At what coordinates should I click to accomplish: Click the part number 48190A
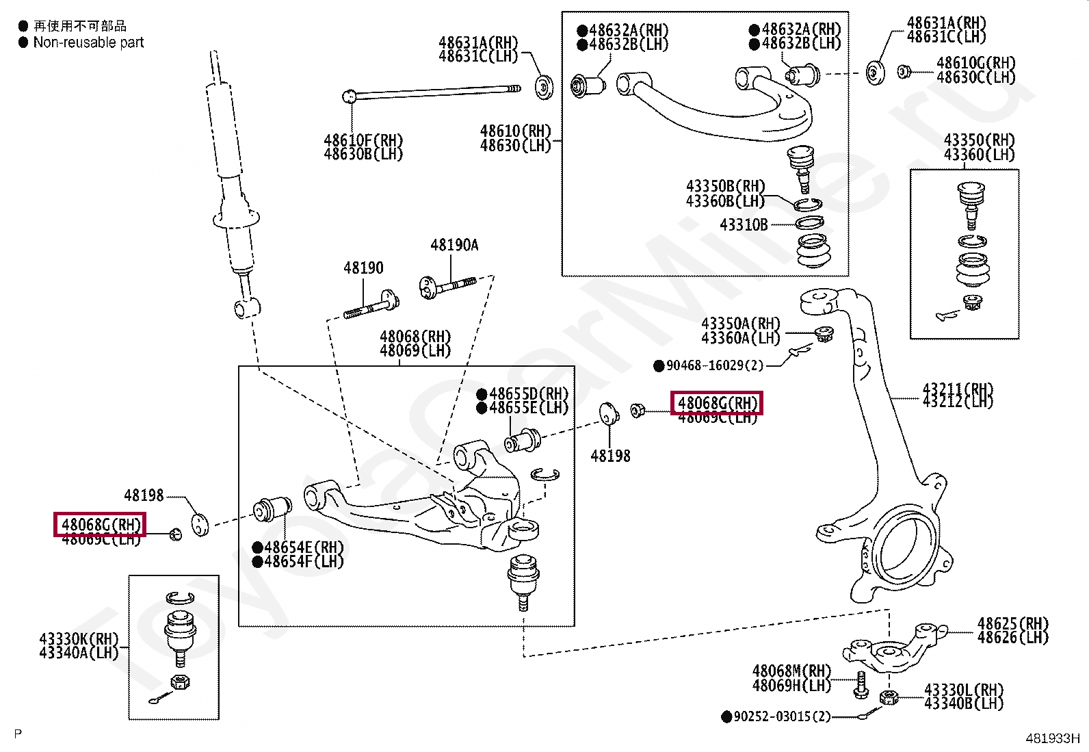coord(454,245)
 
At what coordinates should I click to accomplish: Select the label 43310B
coord(744,224)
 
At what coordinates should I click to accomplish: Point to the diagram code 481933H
coord(1051,738)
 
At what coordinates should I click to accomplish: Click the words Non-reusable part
coord(88,42)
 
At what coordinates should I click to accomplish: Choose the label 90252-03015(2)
coord(782,716)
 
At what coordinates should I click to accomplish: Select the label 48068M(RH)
coord(791,671)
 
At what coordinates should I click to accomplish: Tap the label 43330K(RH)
coord(79,638)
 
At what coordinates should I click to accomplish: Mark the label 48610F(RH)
coord(363,140)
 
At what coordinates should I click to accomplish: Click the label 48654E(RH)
coord(304,547)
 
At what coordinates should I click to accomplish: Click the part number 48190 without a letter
coord(363,268)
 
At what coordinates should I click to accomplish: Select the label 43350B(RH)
coord(725,186)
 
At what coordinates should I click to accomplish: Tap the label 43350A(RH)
coord(741,324)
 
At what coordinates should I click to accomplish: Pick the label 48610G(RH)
coord(975,64)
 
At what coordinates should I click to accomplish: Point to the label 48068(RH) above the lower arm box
coord(415,337)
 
